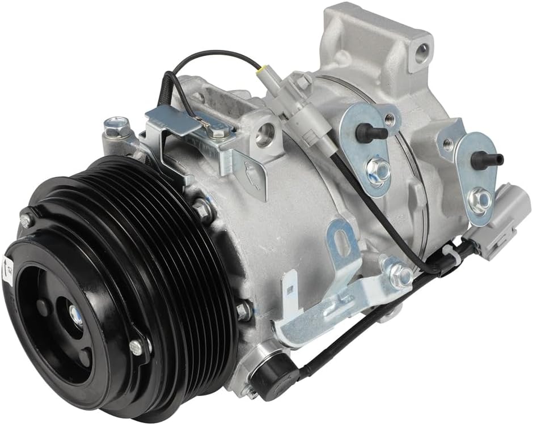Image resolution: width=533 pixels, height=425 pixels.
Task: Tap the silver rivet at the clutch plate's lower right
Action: click(x=136, y=347)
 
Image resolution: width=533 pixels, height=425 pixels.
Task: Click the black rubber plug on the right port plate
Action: click(x=485, y=160)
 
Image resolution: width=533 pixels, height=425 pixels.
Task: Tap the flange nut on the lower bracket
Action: click(x=401, y=276)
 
